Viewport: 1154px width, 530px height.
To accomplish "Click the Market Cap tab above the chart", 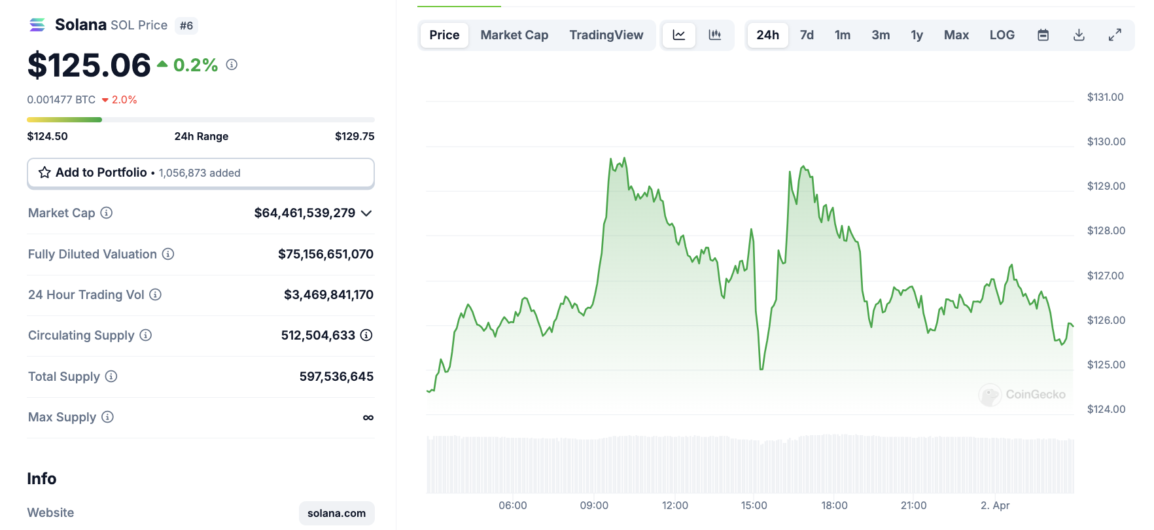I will (x=514, y=35).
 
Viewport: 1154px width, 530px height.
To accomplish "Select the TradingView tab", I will (x=606, y=35).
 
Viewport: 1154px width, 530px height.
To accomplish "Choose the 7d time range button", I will (x=807, y=35).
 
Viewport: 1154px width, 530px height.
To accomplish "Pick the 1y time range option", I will (x=917, y=35).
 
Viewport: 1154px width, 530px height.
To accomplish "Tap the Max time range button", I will (x=956, y=35).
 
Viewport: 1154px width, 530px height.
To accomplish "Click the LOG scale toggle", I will (x=1002, y=35).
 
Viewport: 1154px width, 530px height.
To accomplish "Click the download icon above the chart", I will (x=1079, y=35).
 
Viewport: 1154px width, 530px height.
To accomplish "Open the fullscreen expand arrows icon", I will (x=1115, y=35).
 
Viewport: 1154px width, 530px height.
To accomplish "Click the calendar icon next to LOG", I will (x=1043, y=35).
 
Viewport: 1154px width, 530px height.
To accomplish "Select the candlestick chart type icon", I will (x=715, y=35).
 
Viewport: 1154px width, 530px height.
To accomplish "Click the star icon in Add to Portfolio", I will (x=44, y=173).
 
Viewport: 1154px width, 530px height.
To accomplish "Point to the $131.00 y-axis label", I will (x=1105, y=97).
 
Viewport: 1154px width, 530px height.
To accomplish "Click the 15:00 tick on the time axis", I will (x=754, y=505).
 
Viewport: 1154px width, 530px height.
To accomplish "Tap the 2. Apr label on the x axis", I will (x=994, y=505).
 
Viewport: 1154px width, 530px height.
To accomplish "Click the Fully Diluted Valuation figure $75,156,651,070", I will (x=325, y=254).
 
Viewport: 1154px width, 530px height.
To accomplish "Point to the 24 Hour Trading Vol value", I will (x=328, y=295).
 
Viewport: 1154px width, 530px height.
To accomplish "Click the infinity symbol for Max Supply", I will (x=368, y=417).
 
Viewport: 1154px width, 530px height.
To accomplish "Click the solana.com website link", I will (x=336, y=513).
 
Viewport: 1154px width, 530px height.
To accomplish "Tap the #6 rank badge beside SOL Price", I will (x=186, y=26).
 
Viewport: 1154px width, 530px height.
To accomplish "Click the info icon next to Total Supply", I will (x=111, y=376).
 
